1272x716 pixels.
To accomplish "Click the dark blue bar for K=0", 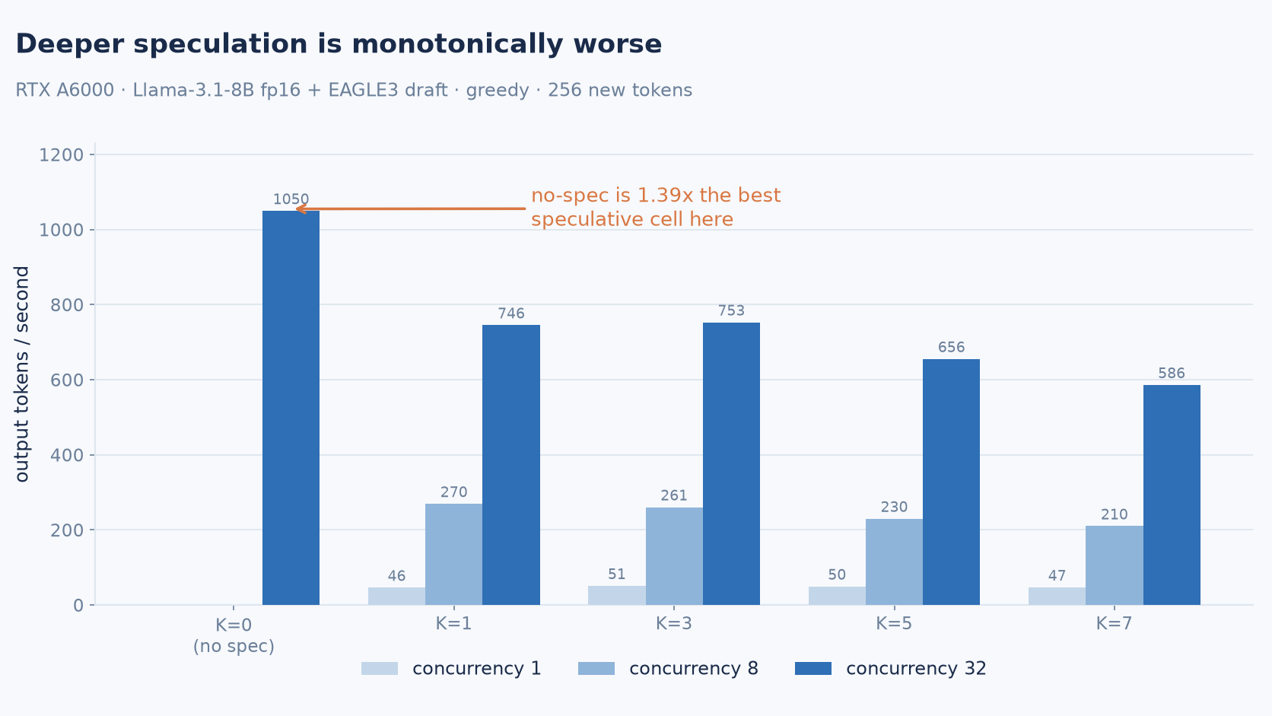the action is pyautogui.click(x=291, y=408).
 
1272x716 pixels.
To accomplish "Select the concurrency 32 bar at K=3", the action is pyautogui.click(x=731, y=464).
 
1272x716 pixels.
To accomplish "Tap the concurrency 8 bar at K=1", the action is pyautogui.click(x=453, y=554).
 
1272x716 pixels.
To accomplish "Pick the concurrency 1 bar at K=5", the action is pyautogui.click(x=837, y=596).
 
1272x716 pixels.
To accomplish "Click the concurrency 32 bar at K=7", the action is pyautogui.click(x=1172, y=495).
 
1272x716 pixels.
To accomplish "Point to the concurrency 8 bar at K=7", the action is pyautogui.click(x=1114, y=565).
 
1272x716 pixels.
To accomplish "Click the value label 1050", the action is pyautogui.click(x=291, y=199).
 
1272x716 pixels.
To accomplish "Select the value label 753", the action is pyautogui.click(x=731, y=310).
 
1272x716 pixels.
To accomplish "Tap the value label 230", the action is pyautogui.click(x=895, y=507).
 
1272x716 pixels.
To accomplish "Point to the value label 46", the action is pyautogui.click(x=396, y=576).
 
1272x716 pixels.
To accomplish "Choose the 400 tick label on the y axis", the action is pyautogui.click(x=67, y=455).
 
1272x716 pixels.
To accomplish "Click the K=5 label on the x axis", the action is pyautogui.click(x=894, y=623).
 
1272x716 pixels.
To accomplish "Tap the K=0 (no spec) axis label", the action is pyautogui.click(x=234, y=635).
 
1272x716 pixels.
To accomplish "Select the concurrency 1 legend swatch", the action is pyautogui.click(x=380, y=668).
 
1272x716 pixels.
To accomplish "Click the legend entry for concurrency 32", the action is pyautogui.click(x=890, y=668).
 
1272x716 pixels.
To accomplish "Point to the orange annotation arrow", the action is pyautogui.click(x=411, y=209).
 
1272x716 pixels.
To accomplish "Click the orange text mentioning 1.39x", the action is pyautogui.click(x=656, y=207).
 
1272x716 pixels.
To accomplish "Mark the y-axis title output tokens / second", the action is pyautogui.click(x=21, y=374).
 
